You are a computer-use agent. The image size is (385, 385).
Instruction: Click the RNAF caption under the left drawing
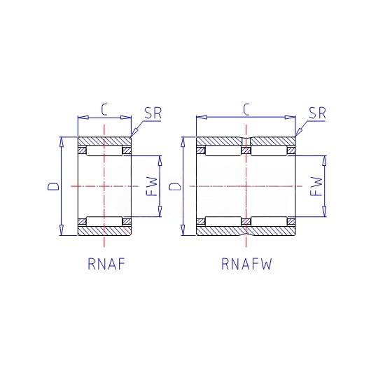(106, 264)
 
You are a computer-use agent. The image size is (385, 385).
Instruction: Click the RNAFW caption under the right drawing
(247, 264)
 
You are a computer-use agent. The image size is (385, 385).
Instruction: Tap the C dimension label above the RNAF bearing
(104, 109)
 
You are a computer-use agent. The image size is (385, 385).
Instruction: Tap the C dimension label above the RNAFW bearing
(246, 109)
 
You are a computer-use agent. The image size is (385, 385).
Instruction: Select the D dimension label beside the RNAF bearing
(53, 186)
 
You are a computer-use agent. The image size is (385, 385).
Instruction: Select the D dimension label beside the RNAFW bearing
(175, 186)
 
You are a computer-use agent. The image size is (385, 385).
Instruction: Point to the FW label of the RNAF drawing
(151, 186)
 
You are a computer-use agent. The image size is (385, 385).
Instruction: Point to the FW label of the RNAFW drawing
(316, 186)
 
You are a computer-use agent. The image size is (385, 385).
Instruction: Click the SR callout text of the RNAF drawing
(153, 113)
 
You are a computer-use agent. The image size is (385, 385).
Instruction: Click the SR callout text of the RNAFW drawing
(317, 113)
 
